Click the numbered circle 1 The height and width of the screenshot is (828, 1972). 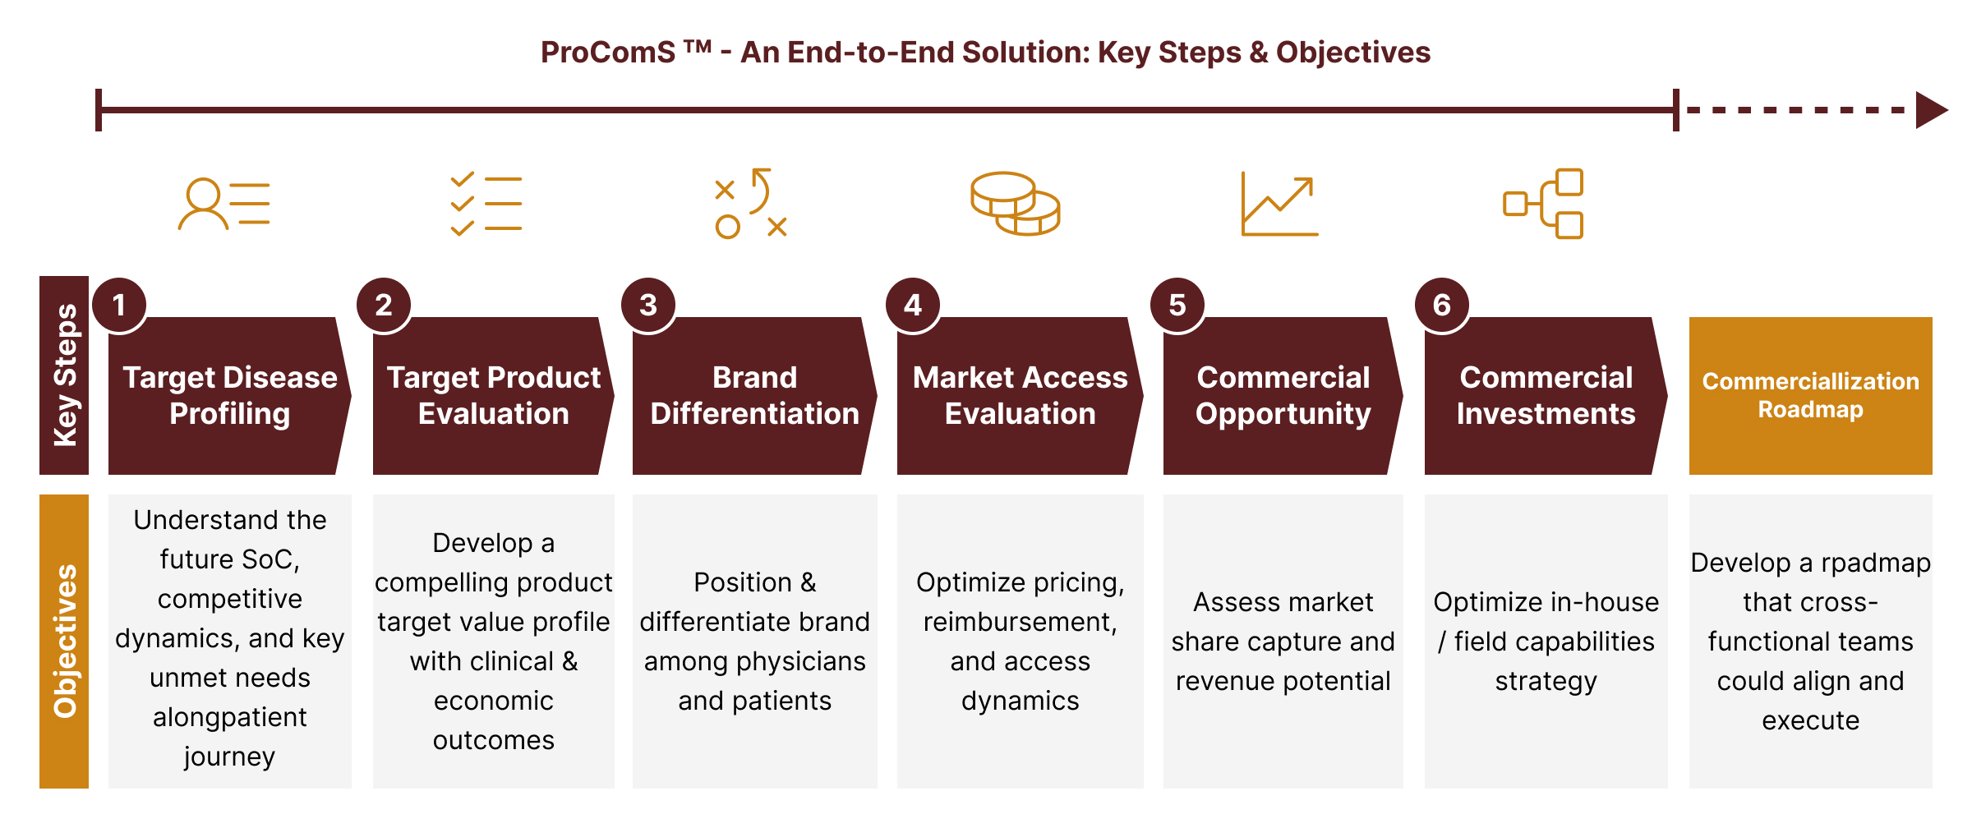pyautogui.click(x=119, y=305)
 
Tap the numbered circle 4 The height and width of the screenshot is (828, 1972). pyautogui.click(x=913, y=305)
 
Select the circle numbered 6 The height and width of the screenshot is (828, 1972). pyautogui.click(x=1442, y=305)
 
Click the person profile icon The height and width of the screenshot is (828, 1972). pyautogui.click(x=223, y=204)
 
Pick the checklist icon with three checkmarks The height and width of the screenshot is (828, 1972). pyautogui.click(x=486, y=204)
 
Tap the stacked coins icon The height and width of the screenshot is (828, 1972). pyautogui.click(x=1016, y=204)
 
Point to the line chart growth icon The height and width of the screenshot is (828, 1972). pyautogui.click(x=1279, y=205)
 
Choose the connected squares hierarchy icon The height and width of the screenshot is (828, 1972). pyautogui.click(x=1544, y=204)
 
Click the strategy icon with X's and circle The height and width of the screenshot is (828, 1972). pyautogui.click(x=751, y=204)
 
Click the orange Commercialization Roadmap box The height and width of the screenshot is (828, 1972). pyautogui.click(x=1810, y=395)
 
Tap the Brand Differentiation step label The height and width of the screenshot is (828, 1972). pyautogui.click(x=754, y=395)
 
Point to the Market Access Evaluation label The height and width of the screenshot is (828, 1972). pyautogui.click(x=1020, y=395)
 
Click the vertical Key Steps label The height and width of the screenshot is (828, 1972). pyautogui.click(x=64, y=375)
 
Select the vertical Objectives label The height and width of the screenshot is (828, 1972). pyautogui.click(x=64, y=641)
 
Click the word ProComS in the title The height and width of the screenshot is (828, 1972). pyautogui.click(x=607, y=53)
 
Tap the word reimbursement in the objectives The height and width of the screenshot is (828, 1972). pyautogui.click(x=1020, y=622)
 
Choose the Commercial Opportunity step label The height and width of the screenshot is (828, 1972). pyautogui.click(x=1283, y=395)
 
